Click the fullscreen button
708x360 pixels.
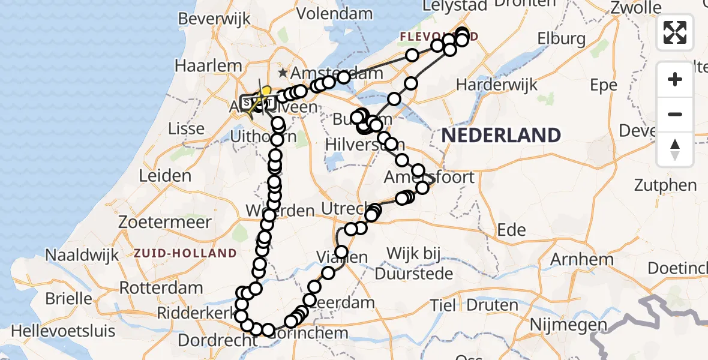coord(675,32)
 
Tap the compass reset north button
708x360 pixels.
coord(675,149)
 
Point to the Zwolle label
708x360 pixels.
coord(635,8)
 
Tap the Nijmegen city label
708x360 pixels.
coord(567,325)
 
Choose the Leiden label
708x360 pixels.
coord(165,176)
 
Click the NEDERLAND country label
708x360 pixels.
coord(501,135)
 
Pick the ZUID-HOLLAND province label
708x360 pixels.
coord(186,253)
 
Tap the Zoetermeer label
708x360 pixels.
coord(164,222)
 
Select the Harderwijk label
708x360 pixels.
coord(495,85)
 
